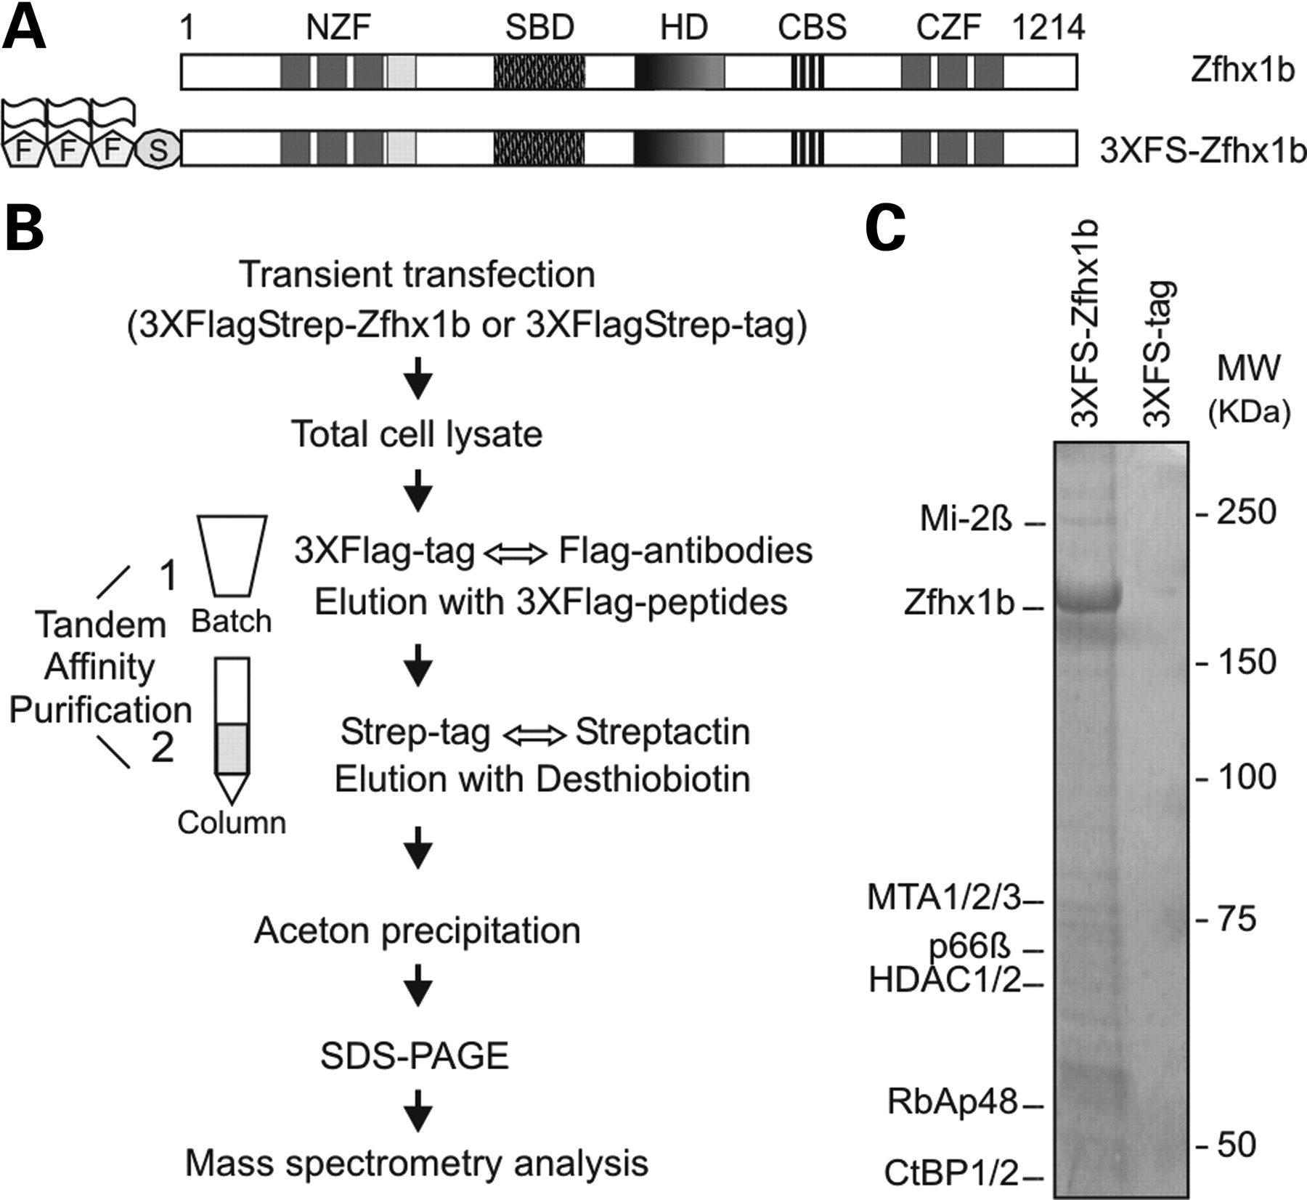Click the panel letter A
click(24, 28)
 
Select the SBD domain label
click(540, 28)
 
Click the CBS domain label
click(812, 28)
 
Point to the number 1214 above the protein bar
click(1048, 28)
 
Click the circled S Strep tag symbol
click(158, 150)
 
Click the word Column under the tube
click(232, 823)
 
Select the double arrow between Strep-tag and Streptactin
click(534, 735)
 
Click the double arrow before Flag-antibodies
click(516, 554)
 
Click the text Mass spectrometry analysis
click(417, 1163)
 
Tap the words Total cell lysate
click(417, 434)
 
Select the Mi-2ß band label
click(966, 519)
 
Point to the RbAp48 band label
click(953, 1103)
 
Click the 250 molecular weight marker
click(1246, 512)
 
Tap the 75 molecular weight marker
click(1236, 919)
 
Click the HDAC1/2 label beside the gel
click(945, 981)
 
